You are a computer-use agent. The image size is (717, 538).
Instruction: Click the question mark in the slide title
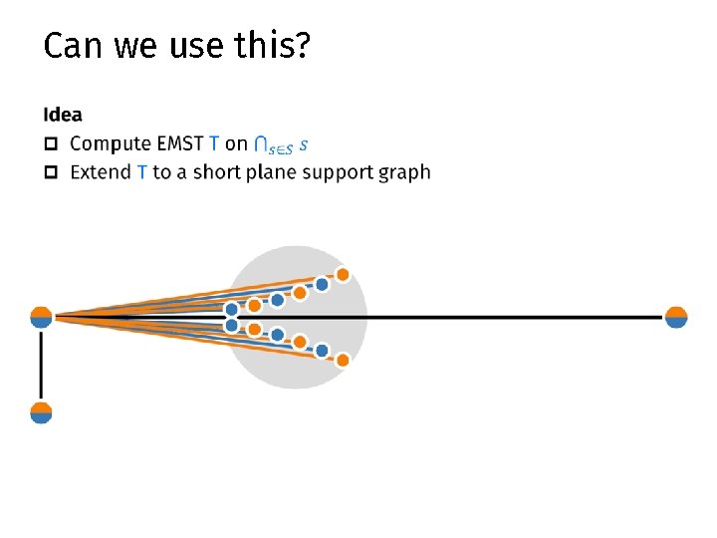coord(303,46)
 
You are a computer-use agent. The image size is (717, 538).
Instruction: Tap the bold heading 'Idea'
coord(63,116)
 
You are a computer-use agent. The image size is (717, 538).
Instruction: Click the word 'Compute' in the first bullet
coord(110,144)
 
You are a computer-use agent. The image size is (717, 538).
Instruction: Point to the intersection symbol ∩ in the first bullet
coord(260,145)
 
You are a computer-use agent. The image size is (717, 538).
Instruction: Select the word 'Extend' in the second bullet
coord(101,172)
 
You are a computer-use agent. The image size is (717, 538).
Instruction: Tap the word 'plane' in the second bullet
coord(270,173)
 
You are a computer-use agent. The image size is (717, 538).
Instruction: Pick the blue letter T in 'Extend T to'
coord(141,172)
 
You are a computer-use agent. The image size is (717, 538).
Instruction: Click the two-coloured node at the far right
coord(676,317)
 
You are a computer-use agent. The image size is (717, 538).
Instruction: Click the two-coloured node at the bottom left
coord(41,412)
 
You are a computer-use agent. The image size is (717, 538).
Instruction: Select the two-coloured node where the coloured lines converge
coord(41,317)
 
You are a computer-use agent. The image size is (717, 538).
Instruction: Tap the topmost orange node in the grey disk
coord(343,274)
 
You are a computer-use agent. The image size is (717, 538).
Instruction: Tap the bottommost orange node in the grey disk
coord(343,360)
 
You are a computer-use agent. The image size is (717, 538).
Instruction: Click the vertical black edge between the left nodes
coord(41,365)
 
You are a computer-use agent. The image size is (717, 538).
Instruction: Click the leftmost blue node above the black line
coord(232,310)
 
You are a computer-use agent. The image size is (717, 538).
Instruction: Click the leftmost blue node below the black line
coord(232,325)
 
